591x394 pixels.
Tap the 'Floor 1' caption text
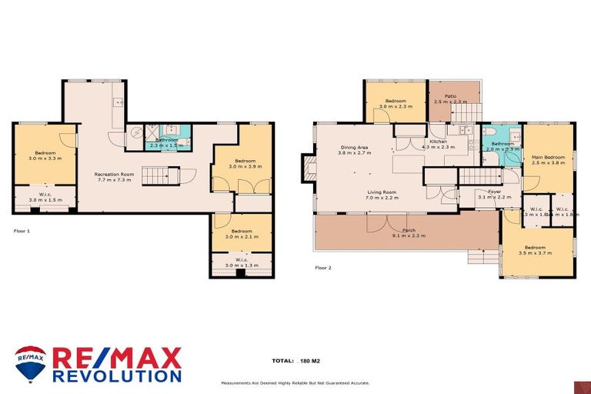(x=22, y=230)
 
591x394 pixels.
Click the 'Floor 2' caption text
(x=323, y=268)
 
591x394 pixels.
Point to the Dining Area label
(x=354, y=149)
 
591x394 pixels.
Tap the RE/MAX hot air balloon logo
(x=30, y=362)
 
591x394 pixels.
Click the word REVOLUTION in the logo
(x=117, y=376)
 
